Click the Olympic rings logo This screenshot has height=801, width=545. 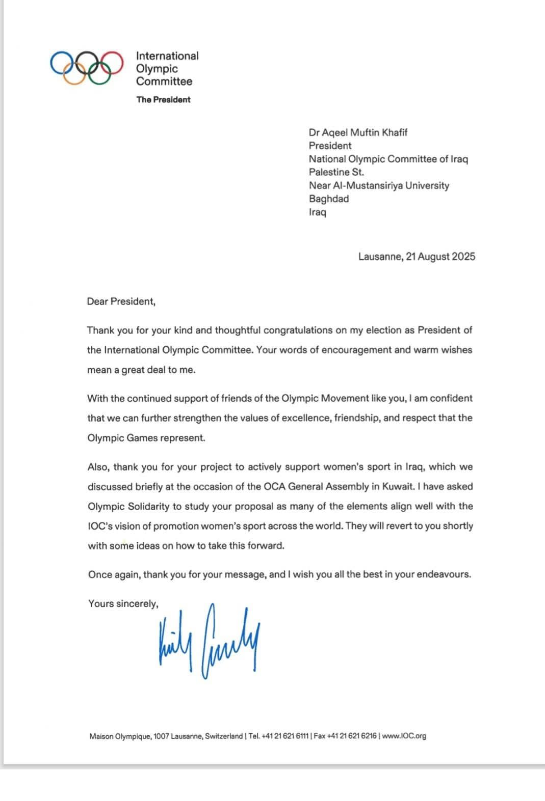(87, 68)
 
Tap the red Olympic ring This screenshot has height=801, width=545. (110, 63)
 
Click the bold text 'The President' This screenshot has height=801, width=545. (163, 100)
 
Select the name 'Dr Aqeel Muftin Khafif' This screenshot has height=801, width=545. (358, 133)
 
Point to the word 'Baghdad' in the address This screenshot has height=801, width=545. (329, 199)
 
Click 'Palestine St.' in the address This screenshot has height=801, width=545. (336, 173)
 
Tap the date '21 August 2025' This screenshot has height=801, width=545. (440, 257)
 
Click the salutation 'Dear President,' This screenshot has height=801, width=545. (121, 301)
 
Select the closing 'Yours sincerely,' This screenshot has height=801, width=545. (123, 603)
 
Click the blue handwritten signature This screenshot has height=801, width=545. (209, 641)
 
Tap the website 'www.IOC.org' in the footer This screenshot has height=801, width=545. (404, 736)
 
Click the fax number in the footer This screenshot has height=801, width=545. (345, 736)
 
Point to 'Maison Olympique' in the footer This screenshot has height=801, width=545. (120, 736)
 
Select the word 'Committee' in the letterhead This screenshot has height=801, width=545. (164, 81)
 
